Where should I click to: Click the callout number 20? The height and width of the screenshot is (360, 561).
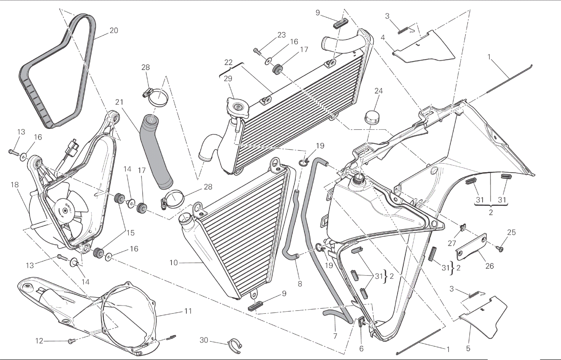pos(113,31)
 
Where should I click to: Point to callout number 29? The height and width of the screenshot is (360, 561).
pos(228,78)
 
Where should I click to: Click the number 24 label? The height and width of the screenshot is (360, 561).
pos(378,91)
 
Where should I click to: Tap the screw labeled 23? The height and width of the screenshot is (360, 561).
pos(257,51)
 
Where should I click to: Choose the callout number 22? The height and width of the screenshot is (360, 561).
pos(228,62)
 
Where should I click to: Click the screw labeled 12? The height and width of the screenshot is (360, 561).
pos(70,342)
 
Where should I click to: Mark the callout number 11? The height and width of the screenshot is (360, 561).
pos(188,311)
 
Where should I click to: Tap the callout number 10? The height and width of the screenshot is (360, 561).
pos(173,263)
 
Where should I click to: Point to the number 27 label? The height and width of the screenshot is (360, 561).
pos(452,243)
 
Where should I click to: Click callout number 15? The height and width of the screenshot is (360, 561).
pos(130,233)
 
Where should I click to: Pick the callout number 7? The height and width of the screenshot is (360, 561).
pos(335,336)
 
